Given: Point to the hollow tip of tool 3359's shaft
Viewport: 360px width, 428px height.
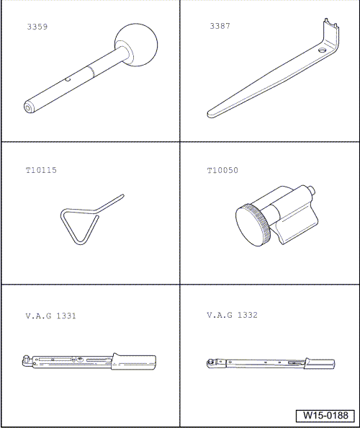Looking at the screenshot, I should pyautogui.click(x=27, y=107).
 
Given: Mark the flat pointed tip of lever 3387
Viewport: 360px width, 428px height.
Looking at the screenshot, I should pyautogui.click(x=210, y=113).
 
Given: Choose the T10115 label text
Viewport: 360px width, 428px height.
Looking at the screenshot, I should pyautogui.click(x=40, y=171).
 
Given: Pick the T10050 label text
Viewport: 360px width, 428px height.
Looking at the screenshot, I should pyautogui.click(x=222, y=171).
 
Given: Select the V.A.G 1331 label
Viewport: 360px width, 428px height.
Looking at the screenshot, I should pyautogui.click(x=50, y=316).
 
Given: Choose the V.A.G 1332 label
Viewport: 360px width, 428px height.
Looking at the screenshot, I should pyautogui.click(x=232, y=316).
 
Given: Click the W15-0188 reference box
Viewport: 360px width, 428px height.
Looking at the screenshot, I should pyautogui.click(x=325, y=416).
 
